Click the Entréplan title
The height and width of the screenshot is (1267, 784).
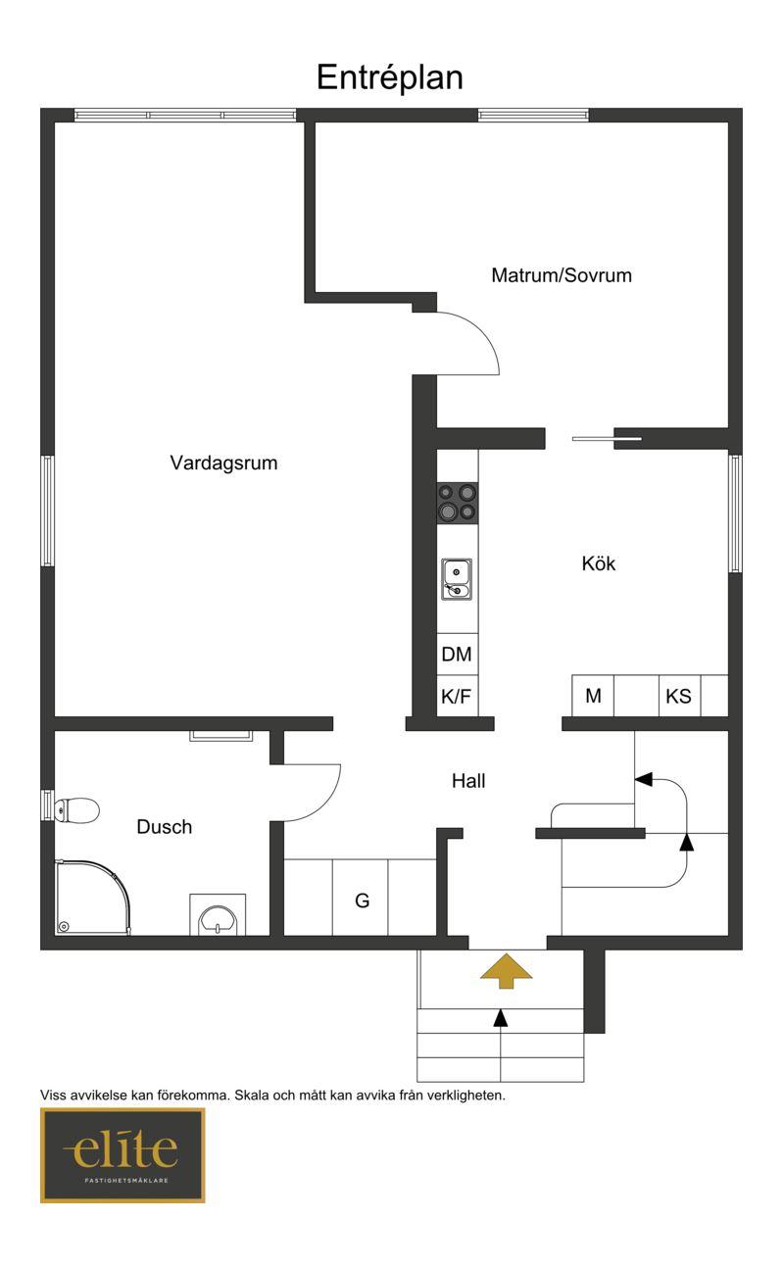coord(390,77)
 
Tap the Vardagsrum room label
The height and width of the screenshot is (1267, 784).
coord(224,463)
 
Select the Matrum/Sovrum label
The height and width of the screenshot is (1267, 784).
coord(562,275)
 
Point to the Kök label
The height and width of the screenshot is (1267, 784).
coord(599,563)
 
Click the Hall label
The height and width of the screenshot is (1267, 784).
coord(468,781)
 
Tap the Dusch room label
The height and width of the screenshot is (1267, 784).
coord(165,826)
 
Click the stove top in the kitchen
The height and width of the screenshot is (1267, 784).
coord(457,503)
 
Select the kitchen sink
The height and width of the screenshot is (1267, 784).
coord(457,579)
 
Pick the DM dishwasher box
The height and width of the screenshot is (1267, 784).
coord(457,655)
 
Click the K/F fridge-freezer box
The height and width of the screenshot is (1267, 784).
coord(457,696)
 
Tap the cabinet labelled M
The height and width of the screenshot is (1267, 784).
coord(593,695)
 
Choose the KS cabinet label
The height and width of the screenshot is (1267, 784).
coord(678,696)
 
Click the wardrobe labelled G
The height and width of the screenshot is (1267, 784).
coord(361,900)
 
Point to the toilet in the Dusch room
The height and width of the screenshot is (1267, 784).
coord(76,809)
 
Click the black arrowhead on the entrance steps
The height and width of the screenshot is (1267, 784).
coord(501,1017)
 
